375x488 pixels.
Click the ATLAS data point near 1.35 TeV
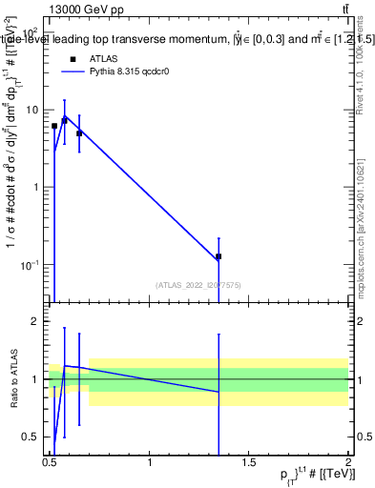(219, 256)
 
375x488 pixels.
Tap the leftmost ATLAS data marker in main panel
(54, 126)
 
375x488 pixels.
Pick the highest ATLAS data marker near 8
(64, 120)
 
